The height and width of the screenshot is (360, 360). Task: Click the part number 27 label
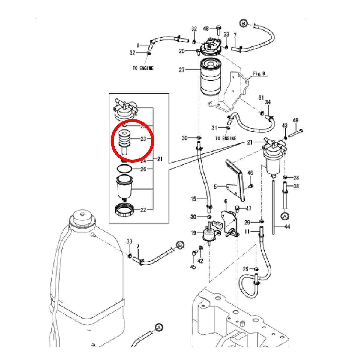(182, 70)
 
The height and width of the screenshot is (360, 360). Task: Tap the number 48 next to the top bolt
(206, 28)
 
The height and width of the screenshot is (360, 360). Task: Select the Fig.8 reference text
(259, 73)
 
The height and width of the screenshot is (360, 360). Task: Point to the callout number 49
(295, 121)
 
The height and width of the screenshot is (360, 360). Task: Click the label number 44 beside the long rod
(287, 227)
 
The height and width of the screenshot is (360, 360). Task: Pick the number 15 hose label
(193, 199)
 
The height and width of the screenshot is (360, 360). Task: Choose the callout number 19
(193, 233)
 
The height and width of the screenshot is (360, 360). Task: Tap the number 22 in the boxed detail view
(143, 210)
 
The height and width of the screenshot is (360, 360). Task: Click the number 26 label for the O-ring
(143, 169)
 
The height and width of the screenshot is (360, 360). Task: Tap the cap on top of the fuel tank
(82, 218)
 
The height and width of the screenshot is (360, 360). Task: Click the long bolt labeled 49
(296, 133)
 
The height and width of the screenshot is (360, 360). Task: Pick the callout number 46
(250, 173)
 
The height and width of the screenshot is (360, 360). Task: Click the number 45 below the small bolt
(193, 267)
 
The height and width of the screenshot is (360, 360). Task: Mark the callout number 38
(296, 186)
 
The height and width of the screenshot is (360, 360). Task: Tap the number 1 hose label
(138, 46)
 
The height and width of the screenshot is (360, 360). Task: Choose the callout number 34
(268, 102)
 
